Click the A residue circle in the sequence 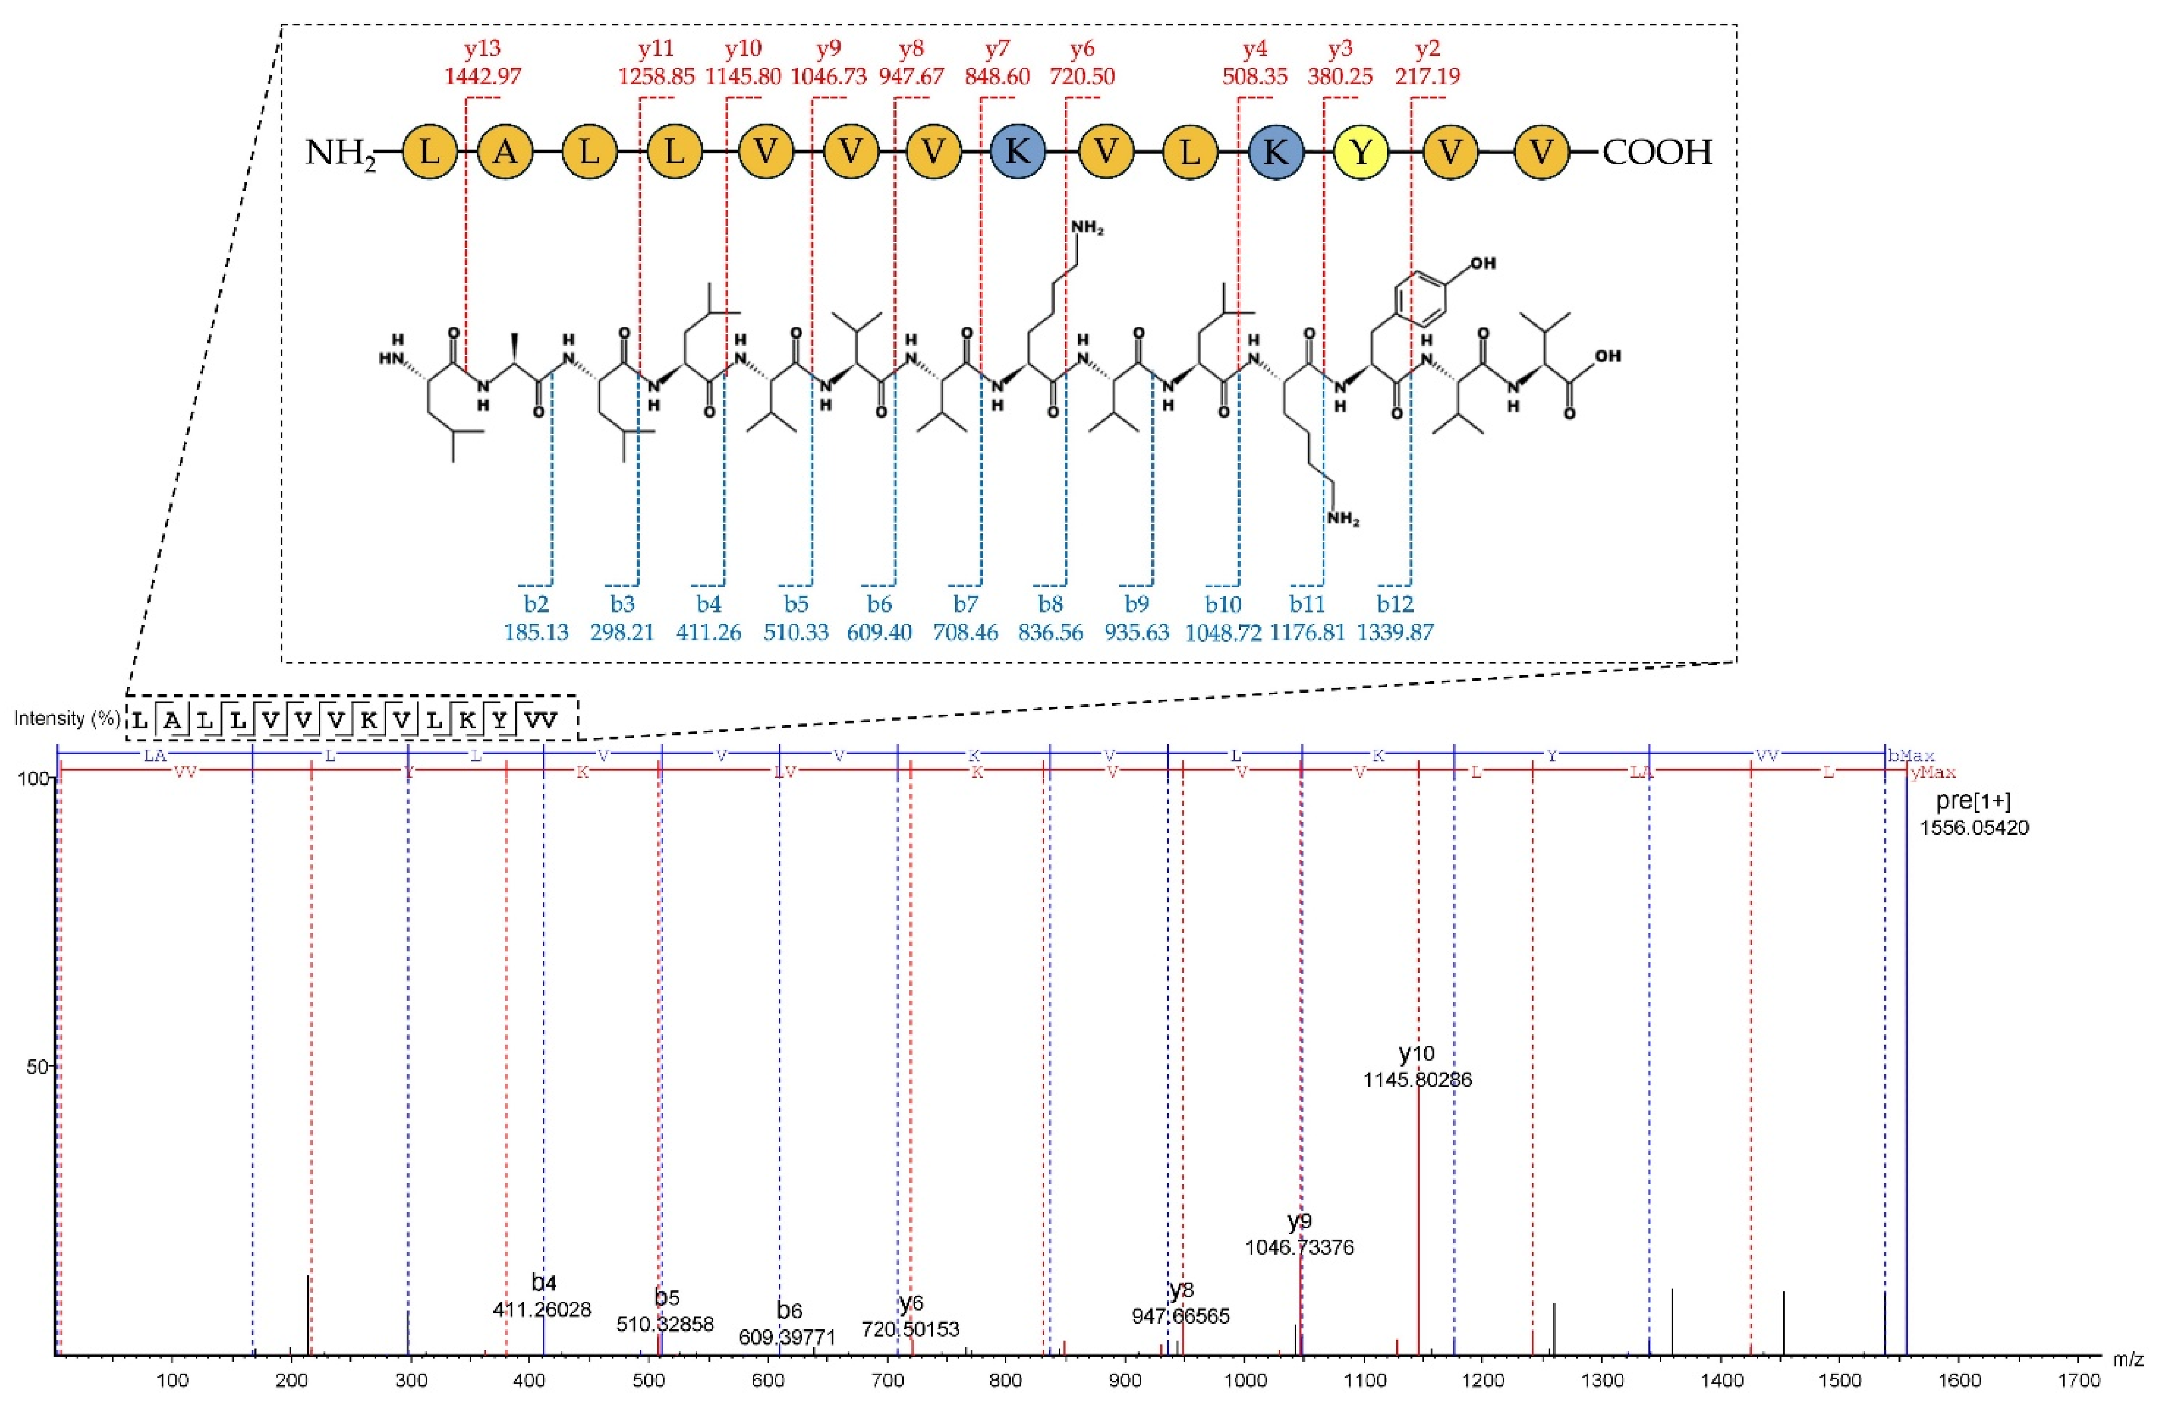pos(506,152)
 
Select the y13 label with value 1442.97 pos(482,62)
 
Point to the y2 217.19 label pos(1428,62)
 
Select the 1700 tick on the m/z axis pos(2079,1381)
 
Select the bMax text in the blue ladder pos(1910,756)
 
